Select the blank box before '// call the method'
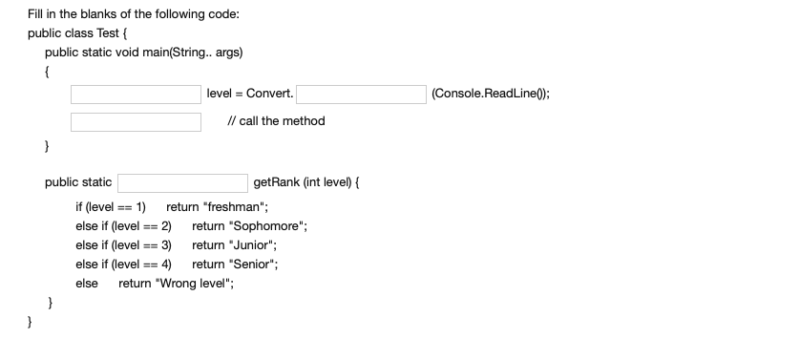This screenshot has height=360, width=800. (x=135, y=121)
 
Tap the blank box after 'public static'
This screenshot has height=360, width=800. (x=182, y=181)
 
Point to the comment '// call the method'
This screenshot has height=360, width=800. (x=276, y=121)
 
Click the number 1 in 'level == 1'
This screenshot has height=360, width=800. (x=140, y=207)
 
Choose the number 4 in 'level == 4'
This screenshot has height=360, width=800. (x=166, y=265)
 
